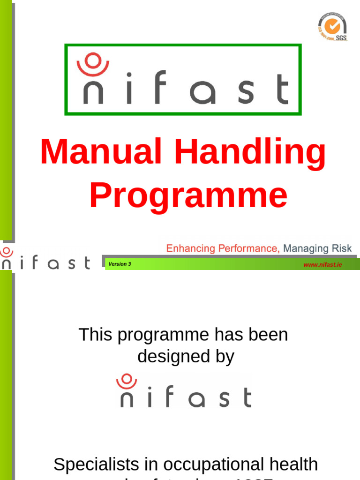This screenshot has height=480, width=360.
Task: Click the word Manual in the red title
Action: click(x=101, y=153)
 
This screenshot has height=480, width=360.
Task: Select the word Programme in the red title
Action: click(x=188, y=196)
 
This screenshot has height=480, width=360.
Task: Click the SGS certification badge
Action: click(x=332, y=27)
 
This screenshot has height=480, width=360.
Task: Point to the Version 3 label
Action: click(x=120, y=264)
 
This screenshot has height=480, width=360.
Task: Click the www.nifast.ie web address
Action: click(x=322, y=265)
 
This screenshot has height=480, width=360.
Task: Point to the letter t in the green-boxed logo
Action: click(x=282, y=89)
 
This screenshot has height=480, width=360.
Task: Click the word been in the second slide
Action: click(x=269, y=335)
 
